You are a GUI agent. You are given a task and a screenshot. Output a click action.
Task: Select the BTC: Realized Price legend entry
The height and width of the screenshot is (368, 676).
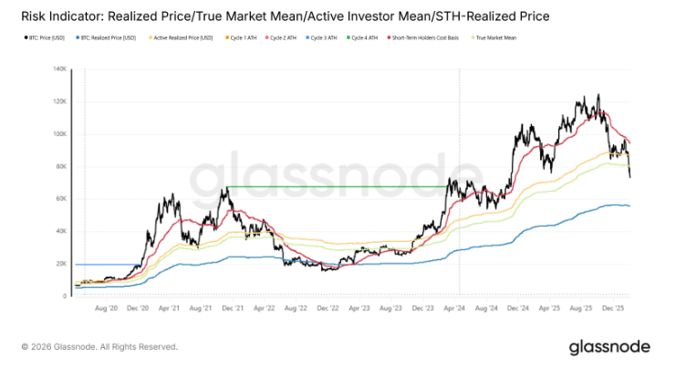(x=108, y=37)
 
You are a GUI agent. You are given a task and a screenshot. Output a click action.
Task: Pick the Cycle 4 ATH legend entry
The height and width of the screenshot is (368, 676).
(x=361, y=37)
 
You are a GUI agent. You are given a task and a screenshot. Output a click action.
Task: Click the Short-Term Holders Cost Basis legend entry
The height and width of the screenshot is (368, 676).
(x=426, y=37)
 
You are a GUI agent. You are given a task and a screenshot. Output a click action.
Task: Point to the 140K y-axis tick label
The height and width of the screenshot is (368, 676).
(x=59, y=68)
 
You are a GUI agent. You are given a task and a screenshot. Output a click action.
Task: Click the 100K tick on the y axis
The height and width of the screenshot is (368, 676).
(x=59, y=134)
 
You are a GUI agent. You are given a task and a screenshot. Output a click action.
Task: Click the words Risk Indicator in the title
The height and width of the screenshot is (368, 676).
(x=54, y=15)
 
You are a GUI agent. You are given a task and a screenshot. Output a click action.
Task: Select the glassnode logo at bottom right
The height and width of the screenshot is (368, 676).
(x=608, y=346)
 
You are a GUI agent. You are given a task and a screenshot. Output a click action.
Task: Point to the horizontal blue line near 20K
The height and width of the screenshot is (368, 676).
(x=100, y=264)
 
